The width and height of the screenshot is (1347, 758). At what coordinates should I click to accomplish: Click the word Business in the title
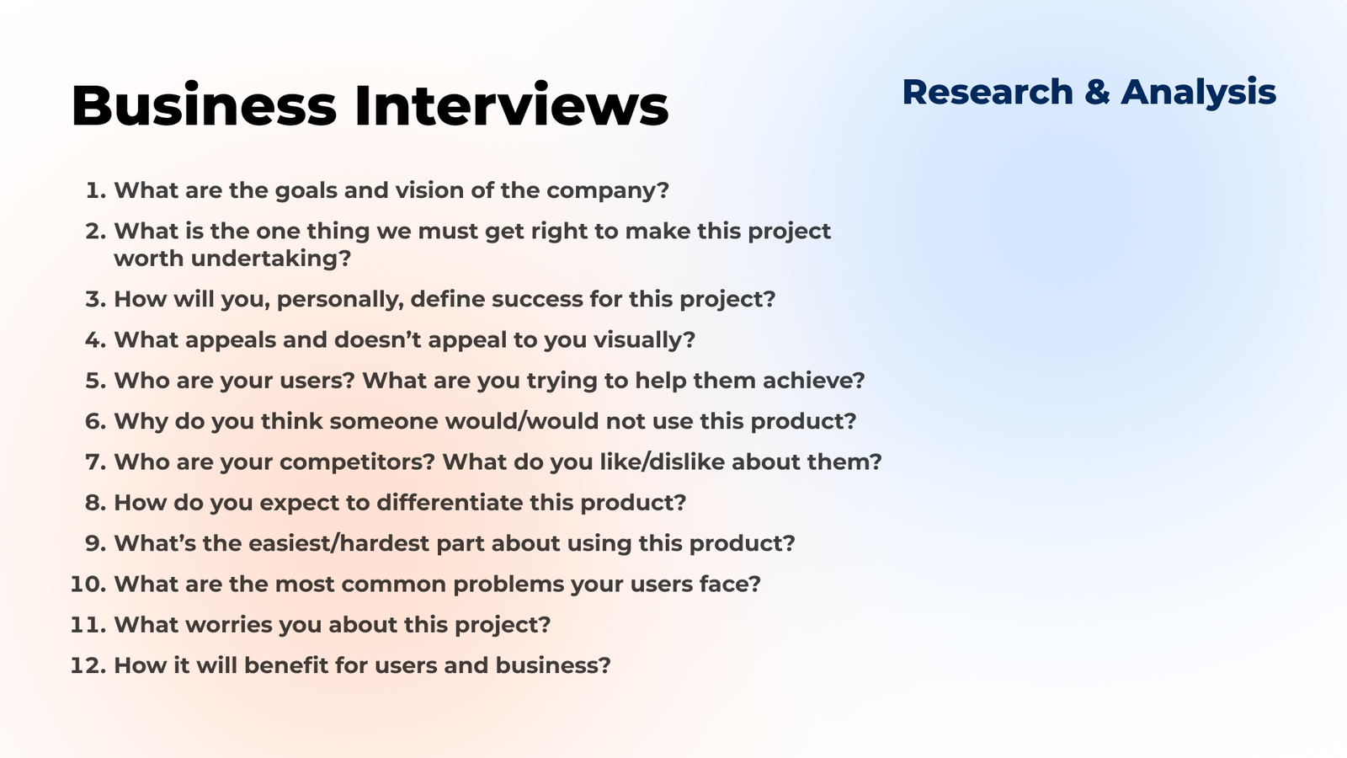(204, 105)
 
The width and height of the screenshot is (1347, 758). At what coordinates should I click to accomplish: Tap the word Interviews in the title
(512, 105)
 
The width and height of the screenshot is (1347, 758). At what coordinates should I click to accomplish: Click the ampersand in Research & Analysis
(1098, 92)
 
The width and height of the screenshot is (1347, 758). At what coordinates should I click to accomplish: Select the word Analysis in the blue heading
(1199, 93)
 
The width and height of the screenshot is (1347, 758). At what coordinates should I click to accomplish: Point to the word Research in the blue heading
(988, 92)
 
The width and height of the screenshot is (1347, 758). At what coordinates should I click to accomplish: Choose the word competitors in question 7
(357, 462)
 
